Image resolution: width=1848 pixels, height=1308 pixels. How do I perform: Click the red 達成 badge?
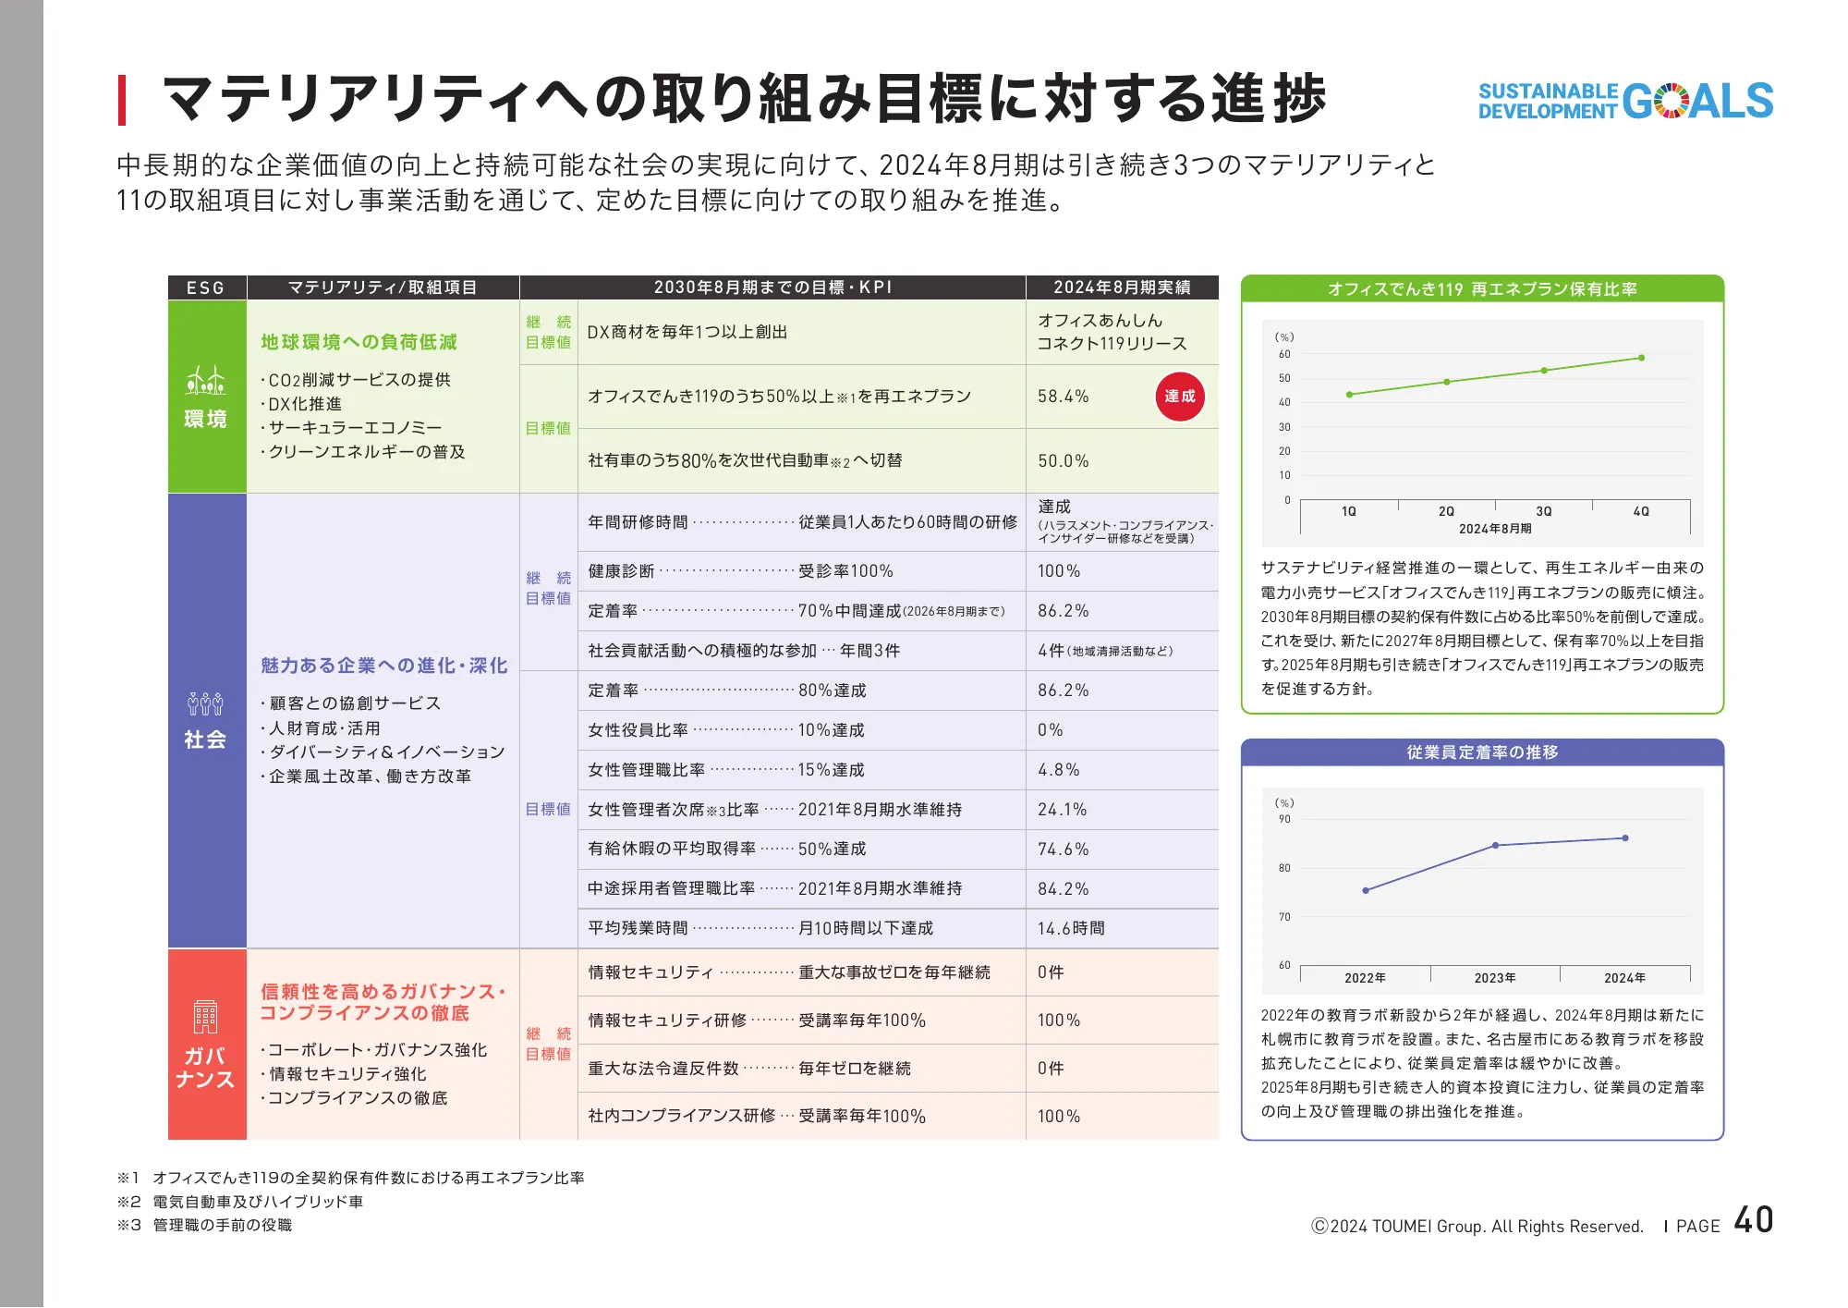[x=1179, y=397]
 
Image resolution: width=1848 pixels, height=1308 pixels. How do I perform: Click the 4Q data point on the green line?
[x=1641, y=358]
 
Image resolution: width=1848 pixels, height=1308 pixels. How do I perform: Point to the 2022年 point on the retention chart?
[x=1366, y=890]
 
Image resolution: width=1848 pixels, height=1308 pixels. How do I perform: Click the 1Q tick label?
[x=1349, y=511]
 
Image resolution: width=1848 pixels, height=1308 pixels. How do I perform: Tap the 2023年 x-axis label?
[x=1494, y=978]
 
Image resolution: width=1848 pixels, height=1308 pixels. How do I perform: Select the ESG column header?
[x=206, y=287]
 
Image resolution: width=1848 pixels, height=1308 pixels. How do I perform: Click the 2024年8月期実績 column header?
[x=1122, y=287]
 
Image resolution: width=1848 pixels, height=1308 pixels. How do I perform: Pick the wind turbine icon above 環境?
[x=205, y=380]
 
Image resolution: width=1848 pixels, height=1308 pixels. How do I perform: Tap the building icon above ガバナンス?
[x=205, y=1017]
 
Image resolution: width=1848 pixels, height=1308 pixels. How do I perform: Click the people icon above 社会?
[x=205, y=704]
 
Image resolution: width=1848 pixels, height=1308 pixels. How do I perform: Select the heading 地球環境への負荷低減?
[x=359, y=342]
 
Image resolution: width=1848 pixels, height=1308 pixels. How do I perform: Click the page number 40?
[x=1753, y=1220]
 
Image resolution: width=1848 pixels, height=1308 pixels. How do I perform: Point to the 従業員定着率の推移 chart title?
[x=1482, y=752]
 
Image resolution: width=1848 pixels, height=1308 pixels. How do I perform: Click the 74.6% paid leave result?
[x=1063, y=849]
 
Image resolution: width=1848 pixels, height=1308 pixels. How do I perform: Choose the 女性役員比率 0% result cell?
[x=1051, y=730]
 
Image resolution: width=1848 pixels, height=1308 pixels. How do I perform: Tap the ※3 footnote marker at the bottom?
[x=128, y=1225]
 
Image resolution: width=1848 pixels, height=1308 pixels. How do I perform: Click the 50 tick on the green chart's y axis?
[x=1284, y=378]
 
